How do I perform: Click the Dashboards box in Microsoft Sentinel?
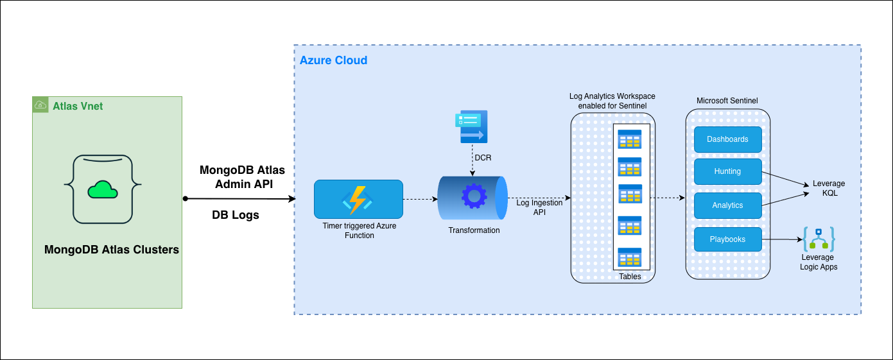(x=727, y=139)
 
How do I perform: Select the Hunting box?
(x=727, y=171)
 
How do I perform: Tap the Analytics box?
(x=727, y=205)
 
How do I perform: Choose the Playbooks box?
(x=727, y=239)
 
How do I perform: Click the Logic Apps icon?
(x=819, y=239)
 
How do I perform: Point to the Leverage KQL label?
(x=829, y=188)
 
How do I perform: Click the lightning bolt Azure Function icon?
(x=358, y=199)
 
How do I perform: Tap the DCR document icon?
(x=471, y=126)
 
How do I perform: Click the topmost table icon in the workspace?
(x=629, y=139)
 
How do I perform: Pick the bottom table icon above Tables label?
(x=629, y=257)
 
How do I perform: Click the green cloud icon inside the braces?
(x=102, y=189)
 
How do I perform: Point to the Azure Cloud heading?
(x=333, y=60)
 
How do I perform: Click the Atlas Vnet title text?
(x=78, y=105)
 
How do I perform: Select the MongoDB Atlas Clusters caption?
(x=112, y=250)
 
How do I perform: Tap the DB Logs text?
(x=236, y=215)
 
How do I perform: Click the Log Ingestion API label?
(x=539, y=207)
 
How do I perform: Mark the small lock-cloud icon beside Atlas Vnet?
(x=40, y=105)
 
